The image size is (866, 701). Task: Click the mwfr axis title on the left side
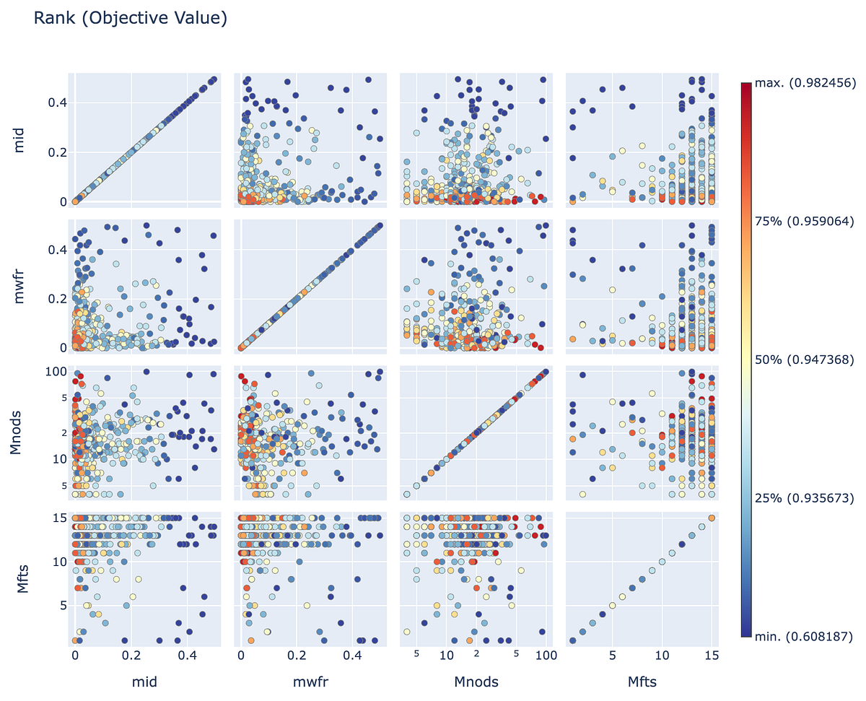point(20,284)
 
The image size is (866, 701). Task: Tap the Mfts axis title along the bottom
point(642,681)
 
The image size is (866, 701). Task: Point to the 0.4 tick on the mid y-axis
point(56,103)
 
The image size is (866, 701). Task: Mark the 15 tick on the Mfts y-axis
point(58,518)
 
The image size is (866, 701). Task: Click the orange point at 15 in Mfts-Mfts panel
point(712,518)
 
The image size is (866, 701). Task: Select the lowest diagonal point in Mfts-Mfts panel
point(573,640)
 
